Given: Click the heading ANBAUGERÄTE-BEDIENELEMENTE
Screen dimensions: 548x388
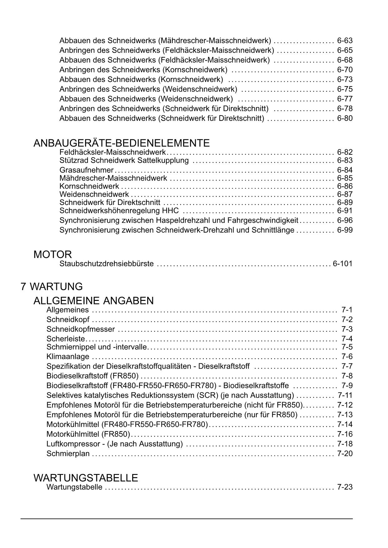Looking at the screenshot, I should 121,143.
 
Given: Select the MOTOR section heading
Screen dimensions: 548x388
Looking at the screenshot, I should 53,254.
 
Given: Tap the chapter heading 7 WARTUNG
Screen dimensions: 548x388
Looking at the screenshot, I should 52,286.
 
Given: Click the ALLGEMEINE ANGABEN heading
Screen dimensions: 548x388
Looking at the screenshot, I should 93,301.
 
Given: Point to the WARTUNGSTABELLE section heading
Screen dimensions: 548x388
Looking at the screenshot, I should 86,478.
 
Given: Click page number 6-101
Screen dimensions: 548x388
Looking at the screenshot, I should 342,264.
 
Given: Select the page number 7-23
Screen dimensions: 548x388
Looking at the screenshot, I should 345,487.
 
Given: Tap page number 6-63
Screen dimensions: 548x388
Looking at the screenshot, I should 345,41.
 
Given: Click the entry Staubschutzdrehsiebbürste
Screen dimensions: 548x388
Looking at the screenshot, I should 107,264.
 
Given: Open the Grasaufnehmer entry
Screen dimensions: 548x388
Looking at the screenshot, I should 86,170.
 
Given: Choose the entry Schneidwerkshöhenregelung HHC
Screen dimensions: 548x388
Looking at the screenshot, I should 119,211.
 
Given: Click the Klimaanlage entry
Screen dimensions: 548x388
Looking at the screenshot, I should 68,356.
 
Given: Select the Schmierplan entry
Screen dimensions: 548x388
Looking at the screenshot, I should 68,453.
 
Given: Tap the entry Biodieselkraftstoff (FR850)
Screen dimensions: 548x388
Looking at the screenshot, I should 93,376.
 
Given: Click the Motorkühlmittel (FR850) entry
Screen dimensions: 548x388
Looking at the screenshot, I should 88,434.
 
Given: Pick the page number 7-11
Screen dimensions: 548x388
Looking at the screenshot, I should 345,395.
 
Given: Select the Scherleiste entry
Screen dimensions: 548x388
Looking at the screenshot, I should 66,339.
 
